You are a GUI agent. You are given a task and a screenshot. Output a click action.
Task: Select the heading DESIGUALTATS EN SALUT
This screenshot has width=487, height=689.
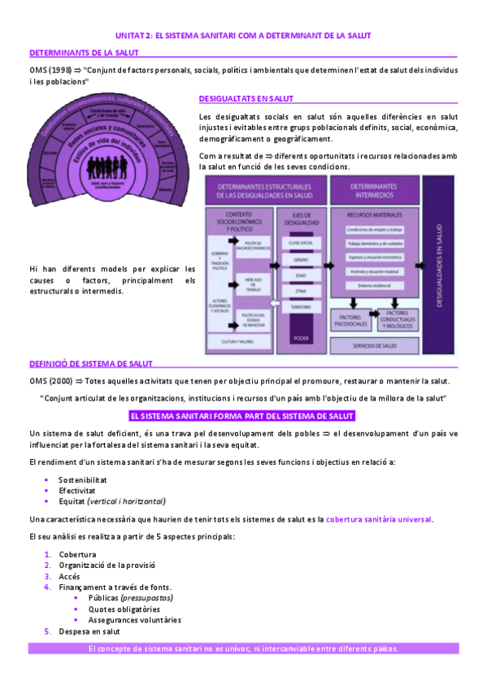[x=246, y=99]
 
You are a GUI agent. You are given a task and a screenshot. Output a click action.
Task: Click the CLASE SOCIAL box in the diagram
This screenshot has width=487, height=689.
[x=301, y=243]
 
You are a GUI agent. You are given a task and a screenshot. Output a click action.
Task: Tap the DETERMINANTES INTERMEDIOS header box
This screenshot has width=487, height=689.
[x=374, y=193]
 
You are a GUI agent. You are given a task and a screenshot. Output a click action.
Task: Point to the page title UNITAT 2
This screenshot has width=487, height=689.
[x=243, y=37]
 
